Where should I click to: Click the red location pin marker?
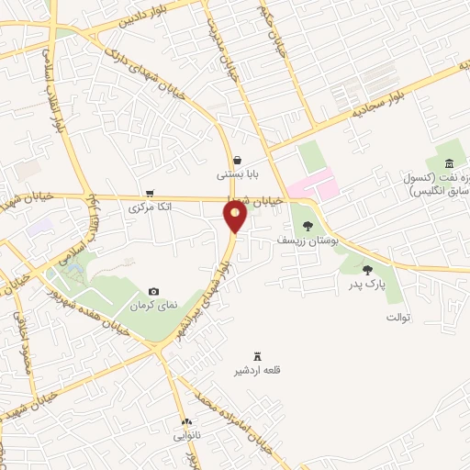[236, 217]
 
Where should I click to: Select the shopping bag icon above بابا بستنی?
[238, 159]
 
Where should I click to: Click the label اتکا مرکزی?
[149, 207]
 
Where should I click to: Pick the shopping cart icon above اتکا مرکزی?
[149, 194]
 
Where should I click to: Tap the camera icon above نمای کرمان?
[153, 291]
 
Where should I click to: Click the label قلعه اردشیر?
[256, 370]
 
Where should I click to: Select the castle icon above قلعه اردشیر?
[256, 356]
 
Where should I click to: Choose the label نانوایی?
[185, 435]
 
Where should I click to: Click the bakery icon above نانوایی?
[185, 421]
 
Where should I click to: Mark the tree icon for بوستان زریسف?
[308, 225]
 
